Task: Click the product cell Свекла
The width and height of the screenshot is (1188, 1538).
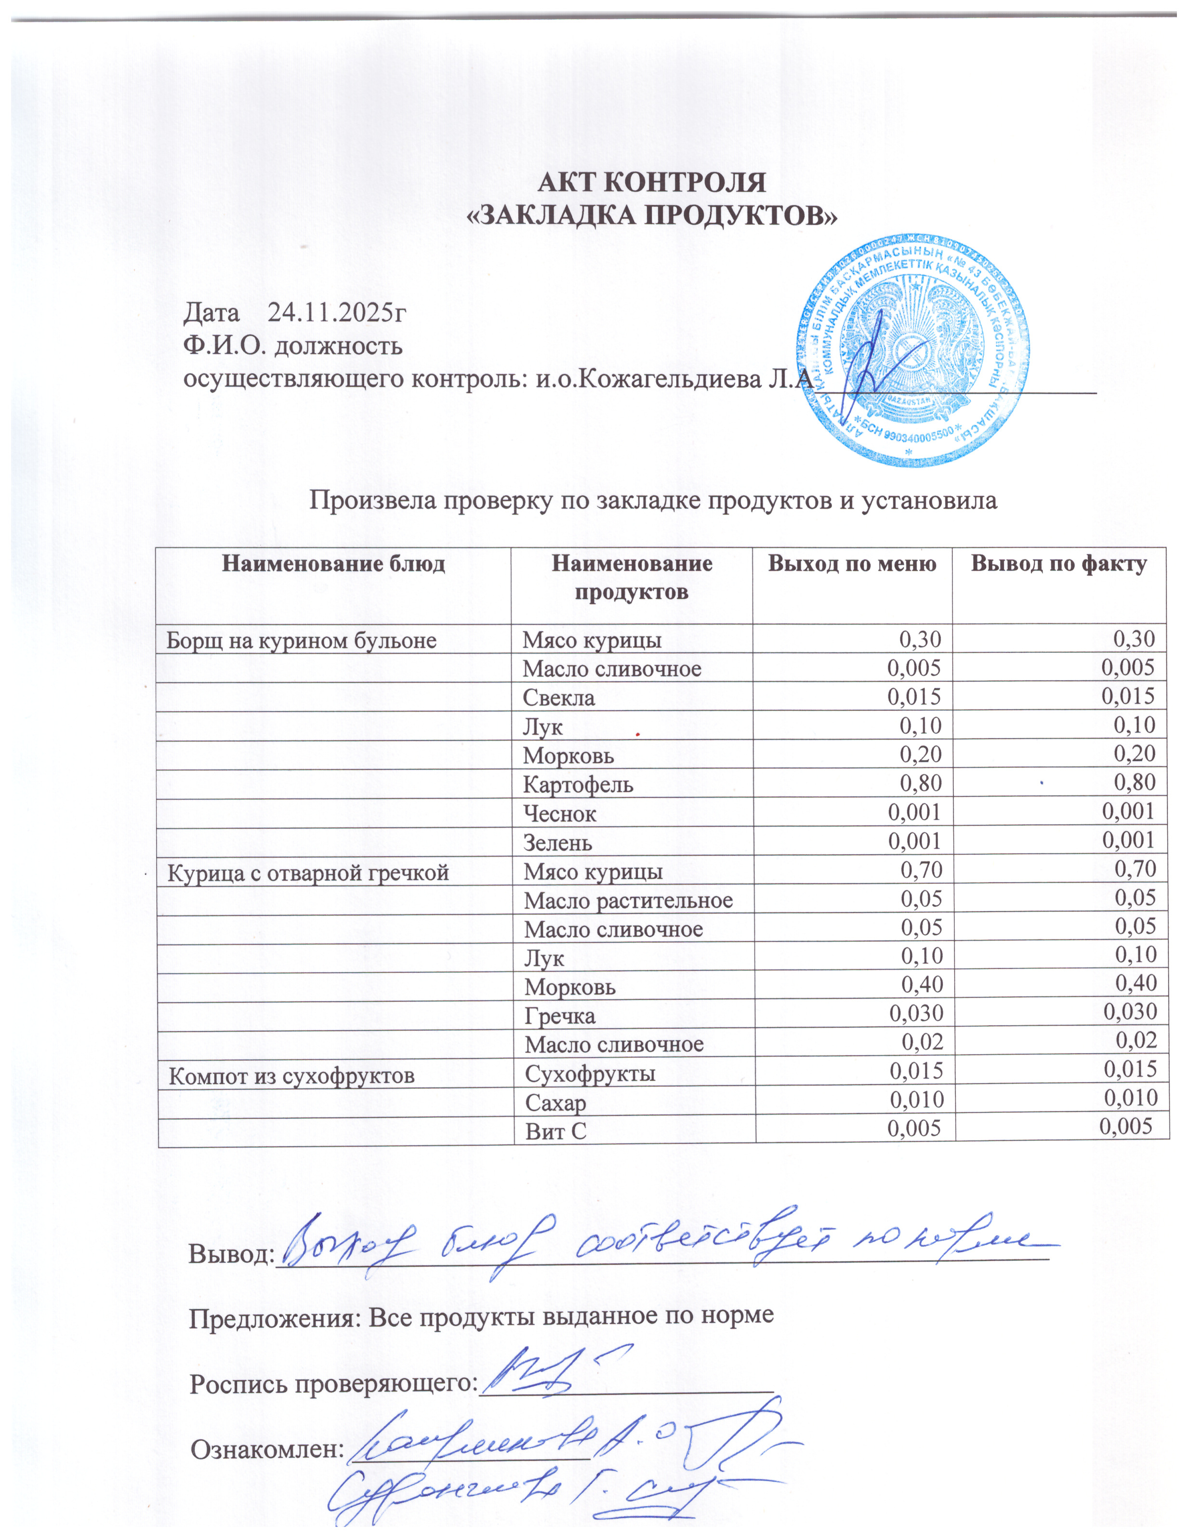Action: click(x=558, y=698)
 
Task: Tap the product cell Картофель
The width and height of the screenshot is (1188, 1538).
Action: click(x=578, y=784)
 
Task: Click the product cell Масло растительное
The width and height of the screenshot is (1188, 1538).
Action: click(x=628, y=901)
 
